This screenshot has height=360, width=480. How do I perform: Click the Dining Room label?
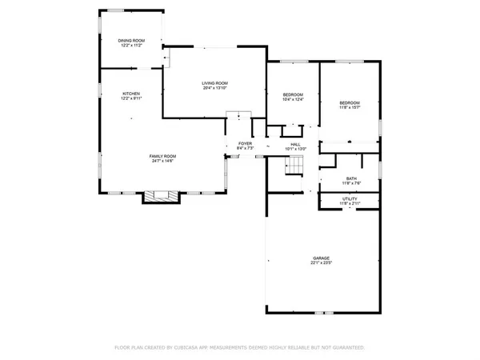[x=130, y=40]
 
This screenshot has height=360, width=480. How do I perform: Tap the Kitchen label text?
[x=131, y=94]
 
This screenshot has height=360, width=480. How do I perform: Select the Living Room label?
[x=214, y=83]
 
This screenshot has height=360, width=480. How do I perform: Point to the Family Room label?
[x=162, y=156]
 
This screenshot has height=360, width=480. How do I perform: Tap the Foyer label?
[x=245, y=144]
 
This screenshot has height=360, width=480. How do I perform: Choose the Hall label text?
[x=296, y=144]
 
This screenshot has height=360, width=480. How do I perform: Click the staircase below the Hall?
[x=295, y=166]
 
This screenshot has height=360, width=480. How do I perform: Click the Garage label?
[x=321, y=258]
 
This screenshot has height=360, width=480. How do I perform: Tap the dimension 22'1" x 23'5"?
[x=321, y=262]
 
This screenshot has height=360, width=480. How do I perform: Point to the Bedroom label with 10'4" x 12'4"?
[x=293, y=95]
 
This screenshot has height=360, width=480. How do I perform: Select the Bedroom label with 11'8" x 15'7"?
[x=350, y=102]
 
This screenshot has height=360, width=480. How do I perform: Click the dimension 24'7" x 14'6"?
[x=162, y=161]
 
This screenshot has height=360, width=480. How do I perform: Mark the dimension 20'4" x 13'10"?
[x=214, y=88]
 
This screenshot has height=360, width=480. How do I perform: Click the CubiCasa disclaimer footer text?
[x=239, y=348]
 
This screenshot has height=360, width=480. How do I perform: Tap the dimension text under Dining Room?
[x=130, y=45]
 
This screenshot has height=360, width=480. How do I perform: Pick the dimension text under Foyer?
[x=245, y=149]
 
